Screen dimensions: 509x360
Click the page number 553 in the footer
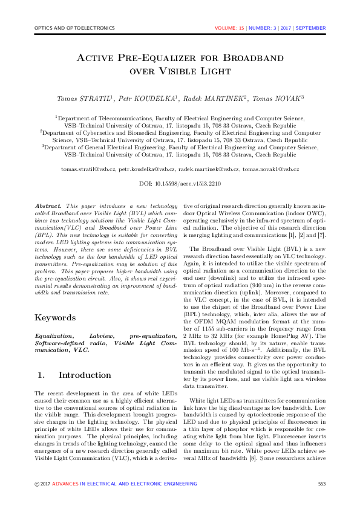[x=322, y=484]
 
